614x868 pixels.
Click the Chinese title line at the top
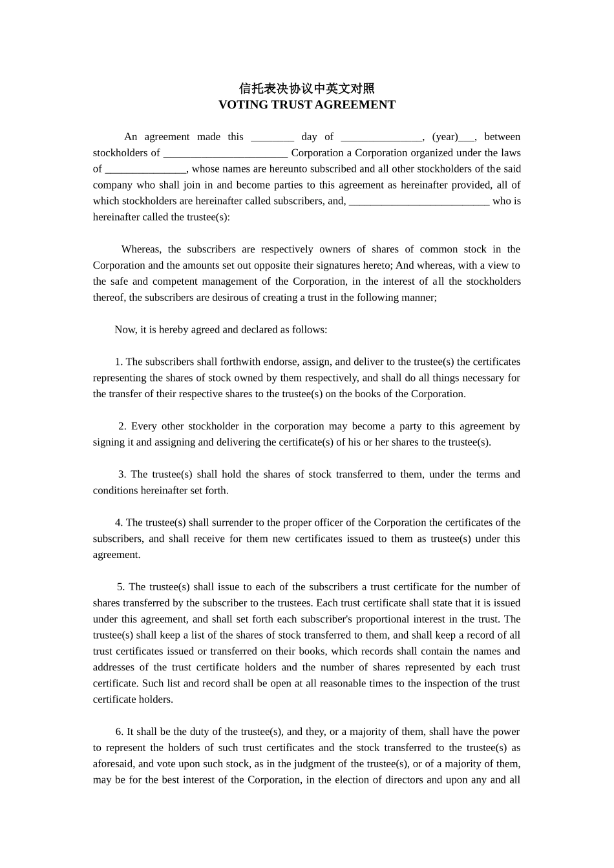(306, 88)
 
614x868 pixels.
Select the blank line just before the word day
(272, 138)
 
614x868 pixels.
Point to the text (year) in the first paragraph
(445, 137)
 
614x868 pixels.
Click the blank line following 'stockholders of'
(225, 154)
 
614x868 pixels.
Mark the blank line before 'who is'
(419, 201)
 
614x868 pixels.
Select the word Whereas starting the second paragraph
(141, 249)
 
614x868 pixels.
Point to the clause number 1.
(118, 362)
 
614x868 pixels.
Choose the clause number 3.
(122, 475)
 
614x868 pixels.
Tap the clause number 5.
(120, 587)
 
